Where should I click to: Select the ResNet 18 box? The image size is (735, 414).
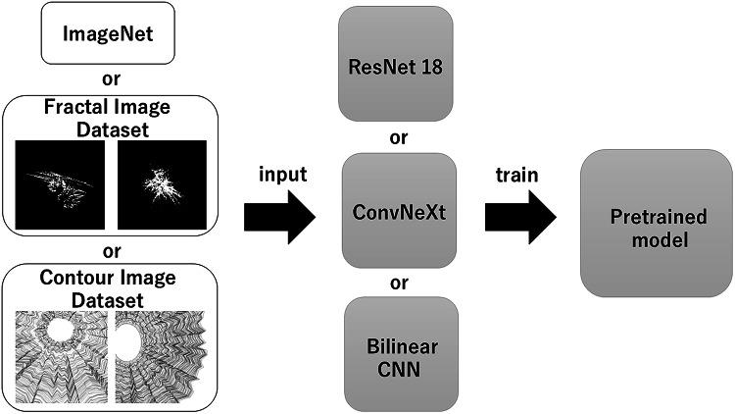(x=398, y=66)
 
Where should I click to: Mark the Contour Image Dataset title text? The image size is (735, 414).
(x=108, y=287)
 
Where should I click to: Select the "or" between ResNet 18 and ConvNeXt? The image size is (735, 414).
(x=398, y=137)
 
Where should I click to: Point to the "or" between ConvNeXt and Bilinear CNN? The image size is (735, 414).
(x=398, y=284)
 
